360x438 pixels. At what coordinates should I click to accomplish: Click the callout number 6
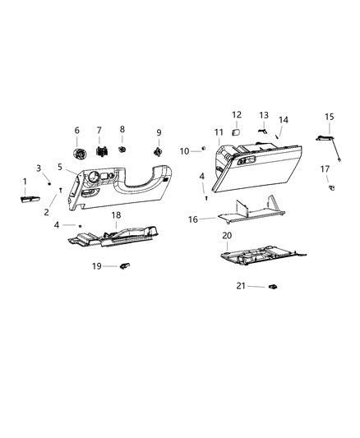pos(76,130)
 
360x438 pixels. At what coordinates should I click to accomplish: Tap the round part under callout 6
pos(80,154)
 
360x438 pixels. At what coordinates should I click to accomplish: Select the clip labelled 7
pos(102,151)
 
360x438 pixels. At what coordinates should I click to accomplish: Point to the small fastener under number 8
pos(122,149)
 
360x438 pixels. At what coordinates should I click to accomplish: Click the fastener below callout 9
pos(158,152)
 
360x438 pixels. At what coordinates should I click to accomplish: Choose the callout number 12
pos(237,115)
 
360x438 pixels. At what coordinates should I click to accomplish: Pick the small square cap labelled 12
pos(236,131)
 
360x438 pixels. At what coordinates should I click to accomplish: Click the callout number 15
pos(330,117)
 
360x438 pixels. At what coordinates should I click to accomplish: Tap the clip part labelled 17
pos(332,187)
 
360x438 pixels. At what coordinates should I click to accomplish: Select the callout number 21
pos(241,286)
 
